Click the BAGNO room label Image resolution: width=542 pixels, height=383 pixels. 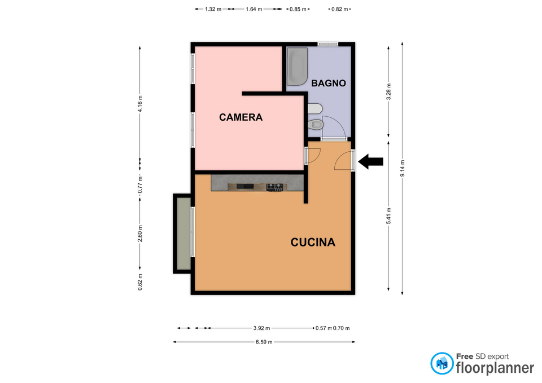[329, 83]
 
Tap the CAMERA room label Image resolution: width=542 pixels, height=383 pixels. [241, 117]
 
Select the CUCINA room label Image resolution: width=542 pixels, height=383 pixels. [313, 243]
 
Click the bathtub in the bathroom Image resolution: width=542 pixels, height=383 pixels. [298, 67]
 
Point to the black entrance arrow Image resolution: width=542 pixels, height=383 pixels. [370, 162]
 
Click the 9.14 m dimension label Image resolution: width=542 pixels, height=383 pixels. [403, 168]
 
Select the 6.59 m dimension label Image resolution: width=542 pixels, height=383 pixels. [264, 342]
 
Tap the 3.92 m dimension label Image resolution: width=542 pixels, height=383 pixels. [261, 328]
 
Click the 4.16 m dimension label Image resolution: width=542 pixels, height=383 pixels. [140, 104]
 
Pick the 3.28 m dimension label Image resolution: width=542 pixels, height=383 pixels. [388, 92]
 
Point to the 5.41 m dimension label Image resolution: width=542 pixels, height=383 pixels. [388, 216]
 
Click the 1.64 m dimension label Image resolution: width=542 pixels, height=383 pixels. [254, 10]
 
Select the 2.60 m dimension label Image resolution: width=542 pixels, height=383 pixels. [140, 234]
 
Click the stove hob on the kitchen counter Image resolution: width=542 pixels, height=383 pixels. [275, 187]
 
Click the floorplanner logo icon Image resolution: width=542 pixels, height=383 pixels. [442, 363]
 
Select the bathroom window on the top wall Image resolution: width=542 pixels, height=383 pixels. [327, 44]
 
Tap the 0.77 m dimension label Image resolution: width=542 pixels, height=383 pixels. [140, 184]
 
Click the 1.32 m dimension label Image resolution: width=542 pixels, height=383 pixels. [213, 10]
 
